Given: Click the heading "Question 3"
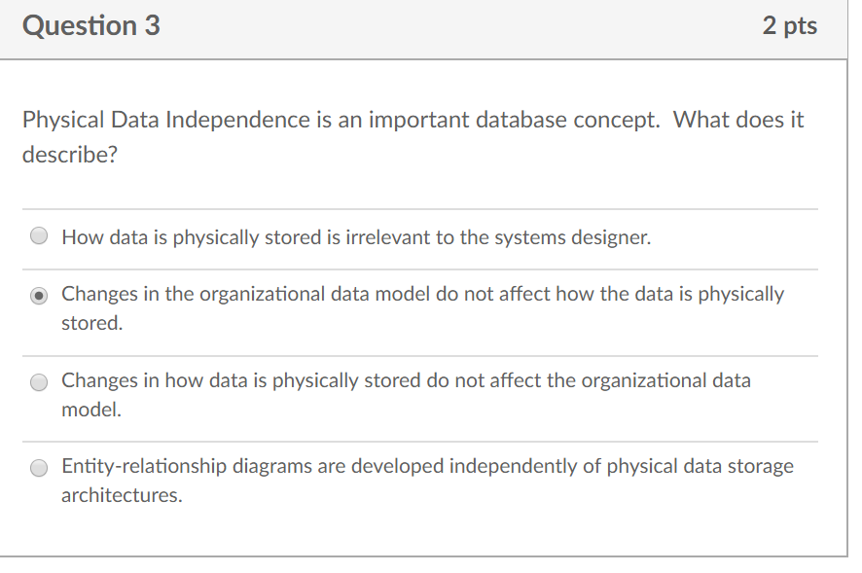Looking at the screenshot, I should [91, 26].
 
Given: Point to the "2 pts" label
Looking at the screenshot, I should [790, 26].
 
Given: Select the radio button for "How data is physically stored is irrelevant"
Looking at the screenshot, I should [39, 236].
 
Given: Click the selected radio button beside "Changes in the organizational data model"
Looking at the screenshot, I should [39, 295].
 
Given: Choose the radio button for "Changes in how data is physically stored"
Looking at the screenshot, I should [39, 382].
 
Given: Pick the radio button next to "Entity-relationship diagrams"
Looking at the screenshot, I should [39, 468].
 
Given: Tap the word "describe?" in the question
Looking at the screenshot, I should [69, 156].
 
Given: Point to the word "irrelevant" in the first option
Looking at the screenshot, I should [388, 236].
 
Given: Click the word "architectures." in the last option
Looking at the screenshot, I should [122, 495].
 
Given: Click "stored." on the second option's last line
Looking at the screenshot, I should [92, 323].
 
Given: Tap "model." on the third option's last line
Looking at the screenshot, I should [91, 410].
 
